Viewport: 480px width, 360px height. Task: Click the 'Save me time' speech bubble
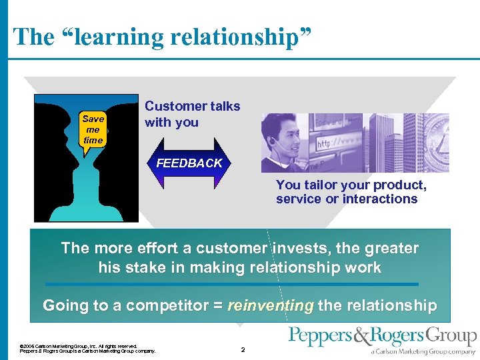pyautogui.click(x=93, y=130)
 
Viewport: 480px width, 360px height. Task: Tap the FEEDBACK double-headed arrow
pyautogui.click(x=189, y=163)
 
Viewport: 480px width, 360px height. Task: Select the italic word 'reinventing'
pyautogui.click(x=271, y=306)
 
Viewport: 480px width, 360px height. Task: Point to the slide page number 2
pyautogui.click(x=243, y=349)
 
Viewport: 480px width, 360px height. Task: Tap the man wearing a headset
pyautogui.click(x=283, y=142)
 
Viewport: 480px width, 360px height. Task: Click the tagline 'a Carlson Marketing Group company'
pyautogui.click(x=423, y=351)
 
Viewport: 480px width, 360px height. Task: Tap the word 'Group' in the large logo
pyautogui.click(x=452, y=336)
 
